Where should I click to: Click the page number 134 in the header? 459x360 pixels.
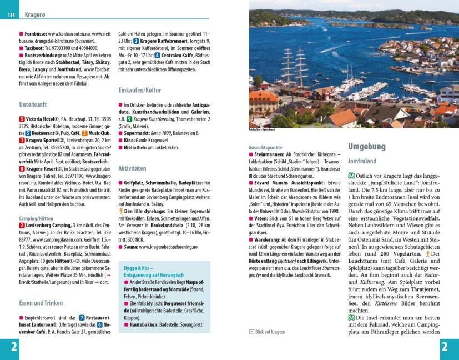point(11,14)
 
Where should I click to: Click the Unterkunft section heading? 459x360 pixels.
point(32,104)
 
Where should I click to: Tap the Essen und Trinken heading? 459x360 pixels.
point(40,303)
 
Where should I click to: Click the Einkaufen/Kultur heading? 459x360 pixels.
point(139,90)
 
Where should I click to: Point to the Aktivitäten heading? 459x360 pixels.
point(132,168)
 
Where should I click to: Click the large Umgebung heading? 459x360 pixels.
point(366,146)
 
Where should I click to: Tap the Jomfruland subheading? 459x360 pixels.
point(362,161)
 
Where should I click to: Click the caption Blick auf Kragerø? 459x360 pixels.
point(270,332)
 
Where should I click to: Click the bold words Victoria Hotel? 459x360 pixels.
point(42,118)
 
